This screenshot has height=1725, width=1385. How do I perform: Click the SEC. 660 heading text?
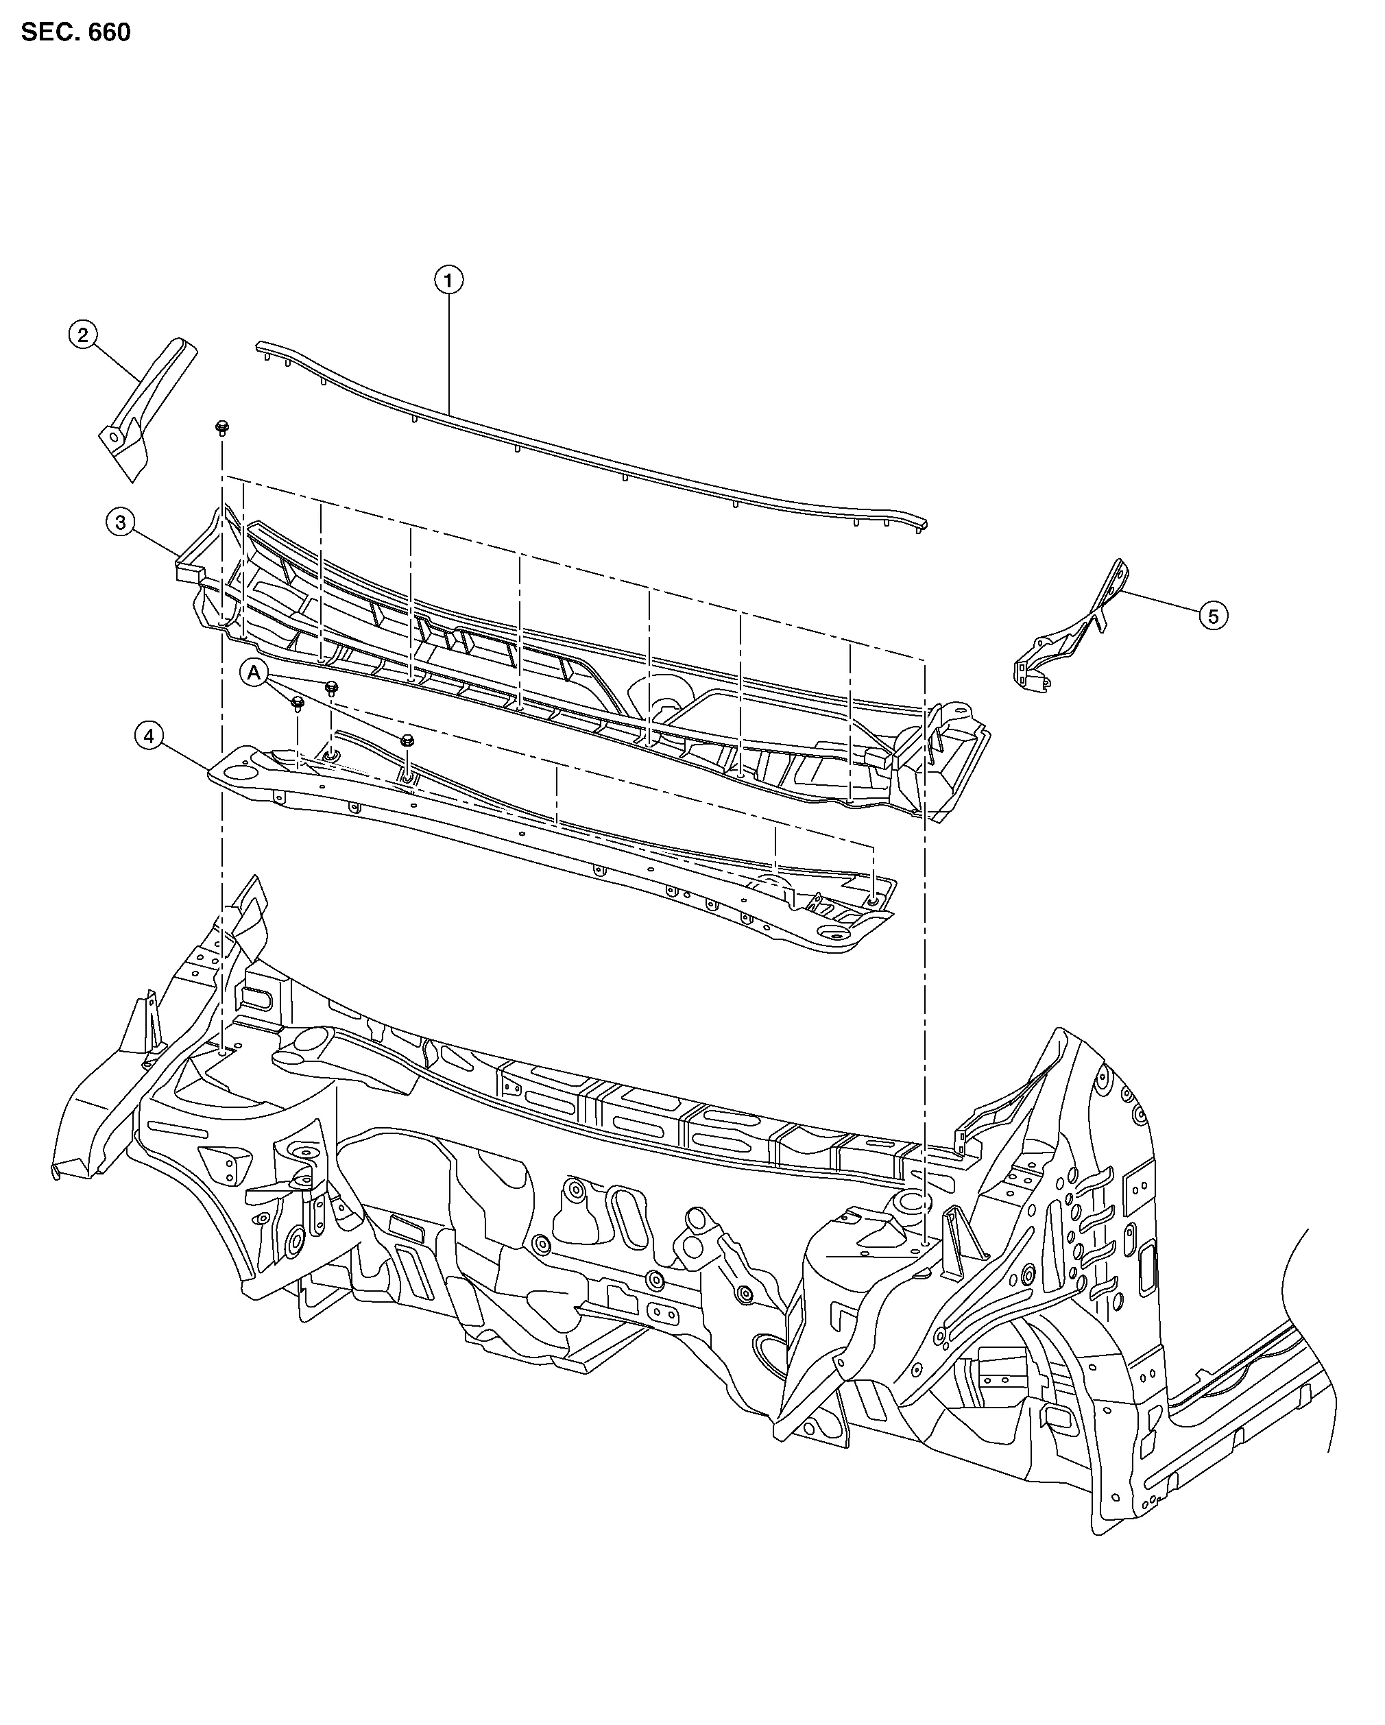[x=75, y=33]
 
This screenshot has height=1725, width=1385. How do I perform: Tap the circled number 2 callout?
[x=83, y=335]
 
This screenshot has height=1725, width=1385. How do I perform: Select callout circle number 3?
[x=120, y=522]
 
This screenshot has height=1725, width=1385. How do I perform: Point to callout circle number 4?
[x=149, y=734]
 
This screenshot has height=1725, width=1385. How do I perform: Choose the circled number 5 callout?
[x=1213, y=616]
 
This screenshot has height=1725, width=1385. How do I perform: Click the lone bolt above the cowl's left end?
[x=221, y=426]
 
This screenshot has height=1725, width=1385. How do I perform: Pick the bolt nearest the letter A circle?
[x=298, y=704]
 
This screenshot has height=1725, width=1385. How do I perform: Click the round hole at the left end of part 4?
[x=239, y=773]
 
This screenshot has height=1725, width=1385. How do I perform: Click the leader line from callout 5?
[x=1160, y=604]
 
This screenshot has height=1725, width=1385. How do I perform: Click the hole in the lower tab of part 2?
[x=114, y=437]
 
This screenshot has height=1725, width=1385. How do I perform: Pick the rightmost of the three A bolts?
[x=407, y=740]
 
